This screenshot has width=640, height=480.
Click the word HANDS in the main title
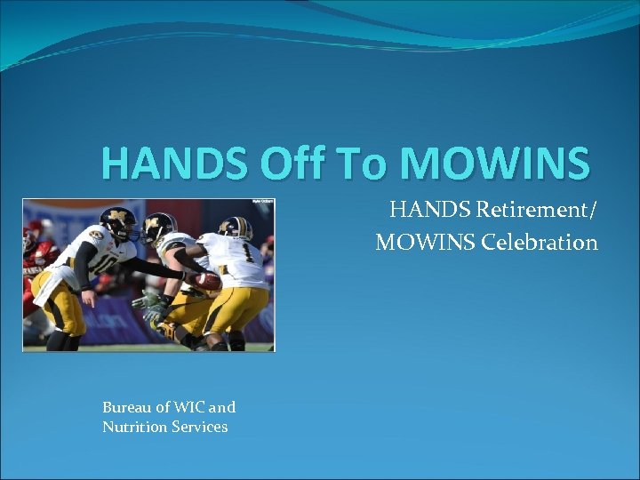point(173,163)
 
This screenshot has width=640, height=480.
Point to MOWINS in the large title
point(495,163)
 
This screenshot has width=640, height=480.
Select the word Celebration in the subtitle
point(545,242)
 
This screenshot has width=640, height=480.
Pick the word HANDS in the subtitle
point(430,211)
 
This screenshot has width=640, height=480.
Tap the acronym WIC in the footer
point(189,407)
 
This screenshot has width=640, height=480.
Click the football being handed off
point(207,282)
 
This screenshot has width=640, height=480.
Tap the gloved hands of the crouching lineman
point(149,308)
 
